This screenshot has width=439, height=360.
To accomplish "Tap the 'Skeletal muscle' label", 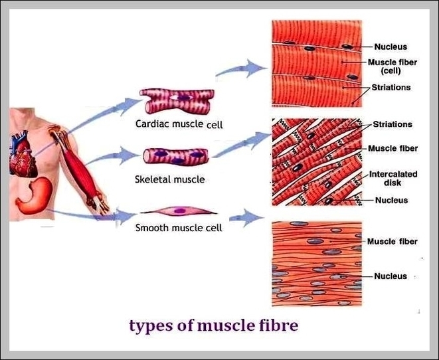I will click(x=169, y=179).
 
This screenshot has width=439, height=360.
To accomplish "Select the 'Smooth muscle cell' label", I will click(x=178, y=228).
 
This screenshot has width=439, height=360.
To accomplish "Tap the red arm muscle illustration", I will click(x=79, y=166).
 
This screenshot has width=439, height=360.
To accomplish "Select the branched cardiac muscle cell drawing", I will click(x=176, y=103).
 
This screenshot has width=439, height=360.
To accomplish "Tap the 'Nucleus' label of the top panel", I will click(x=390, y=46).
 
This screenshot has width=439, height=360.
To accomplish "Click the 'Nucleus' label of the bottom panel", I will click(x=390, y=276).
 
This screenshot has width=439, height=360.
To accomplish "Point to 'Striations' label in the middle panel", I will click(x=392, y=124).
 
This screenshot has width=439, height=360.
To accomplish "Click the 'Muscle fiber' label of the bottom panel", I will click(x=392, y=242).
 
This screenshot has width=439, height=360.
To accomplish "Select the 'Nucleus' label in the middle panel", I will click(x=391, y=200).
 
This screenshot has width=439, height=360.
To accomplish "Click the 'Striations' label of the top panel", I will click(x=391, y=87).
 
